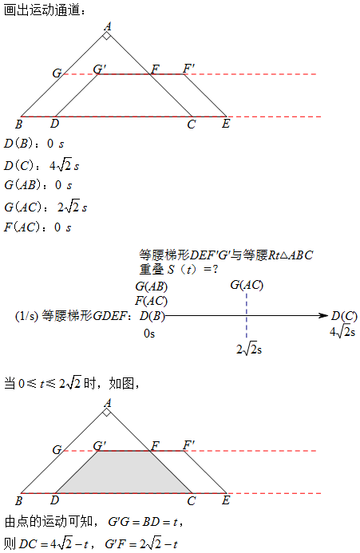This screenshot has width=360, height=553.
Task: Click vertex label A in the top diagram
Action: click(x=108, y=26)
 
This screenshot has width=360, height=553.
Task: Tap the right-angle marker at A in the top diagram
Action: click(x=107, y=36)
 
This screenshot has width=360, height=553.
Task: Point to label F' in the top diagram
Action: click(x=189, y=68)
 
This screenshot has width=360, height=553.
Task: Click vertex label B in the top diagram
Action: click(x=18, y=124)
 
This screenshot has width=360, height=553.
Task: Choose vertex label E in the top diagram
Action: click(x=226, y=124)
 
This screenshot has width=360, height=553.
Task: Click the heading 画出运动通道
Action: click(x=44, y=10)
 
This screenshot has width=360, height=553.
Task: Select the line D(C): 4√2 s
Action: click(x=42, y=165)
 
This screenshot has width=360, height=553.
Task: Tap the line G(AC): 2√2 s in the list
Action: click(x=45, y=207)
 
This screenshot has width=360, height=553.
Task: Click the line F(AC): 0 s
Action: click(x=38, y=227)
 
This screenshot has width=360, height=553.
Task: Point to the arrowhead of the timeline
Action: click(x=323, y=315)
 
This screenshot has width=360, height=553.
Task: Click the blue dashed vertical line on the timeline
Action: click(x=247, y=315)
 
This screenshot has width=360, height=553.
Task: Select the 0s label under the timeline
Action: click(x=149, y=334)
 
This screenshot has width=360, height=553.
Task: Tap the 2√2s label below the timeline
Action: click(x=249, y=350)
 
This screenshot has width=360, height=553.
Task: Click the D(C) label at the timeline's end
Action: click(x=344, y=316)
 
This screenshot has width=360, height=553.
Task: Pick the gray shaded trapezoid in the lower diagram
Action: click(x=124, y=472)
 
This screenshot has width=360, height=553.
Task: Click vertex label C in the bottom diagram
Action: click(x=192, y=501)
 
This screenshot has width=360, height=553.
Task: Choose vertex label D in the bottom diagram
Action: click(x=54, y=500)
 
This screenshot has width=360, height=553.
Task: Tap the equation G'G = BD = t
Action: click(x=145, y=522)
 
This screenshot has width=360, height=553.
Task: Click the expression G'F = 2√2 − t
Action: click(x=141, y=543)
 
